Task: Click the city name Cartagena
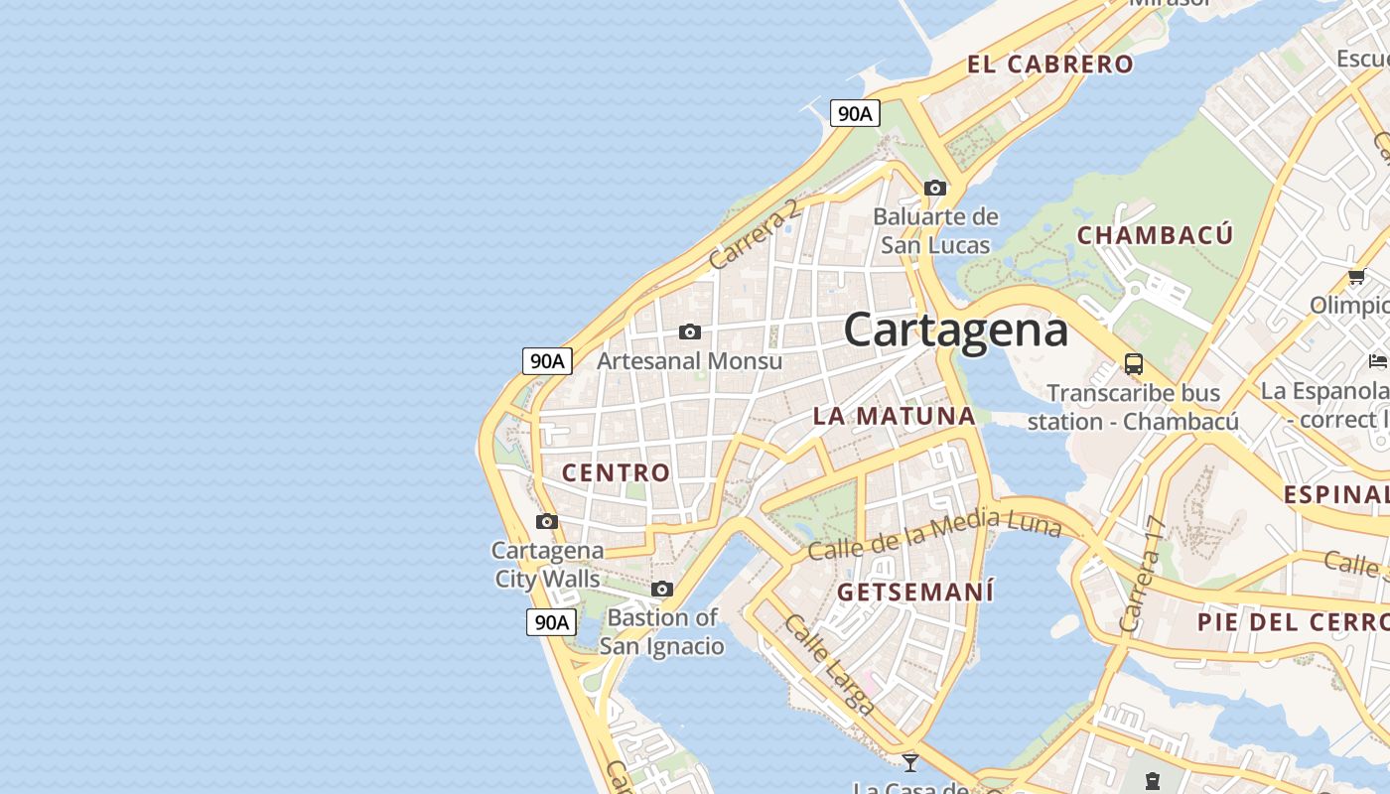point(955,331)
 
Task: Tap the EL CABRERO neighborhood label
point(1049,65)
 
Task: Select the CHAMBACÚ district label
point(1155,235)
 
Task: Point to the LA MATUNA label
point(895,416)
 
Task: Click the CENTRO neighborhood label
point(617,472)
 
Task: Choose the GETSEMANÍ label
point(914,592)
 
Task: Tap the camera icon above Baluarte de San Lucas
point(934,188)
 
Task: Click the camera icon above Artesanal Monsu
point(690,331)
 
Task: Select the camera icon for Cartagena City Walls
point(546,521)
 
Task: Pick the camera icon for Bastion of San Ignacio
point(662,589)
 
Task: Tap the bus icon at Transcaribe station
point(1133,363)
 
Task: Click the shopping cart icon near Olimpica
point(1356,276)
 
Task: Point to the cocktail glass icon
point(909,762)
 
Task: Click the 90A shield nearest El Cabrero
point(855,113)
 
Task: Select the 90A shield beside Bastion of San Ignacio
point(551,622)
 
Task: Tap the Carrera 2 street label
point(755,234)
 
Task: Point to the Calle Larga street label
point(829,664)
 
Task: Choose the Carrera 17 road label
point(1142,575)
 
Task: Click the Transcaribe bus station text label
point(1133,407)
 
